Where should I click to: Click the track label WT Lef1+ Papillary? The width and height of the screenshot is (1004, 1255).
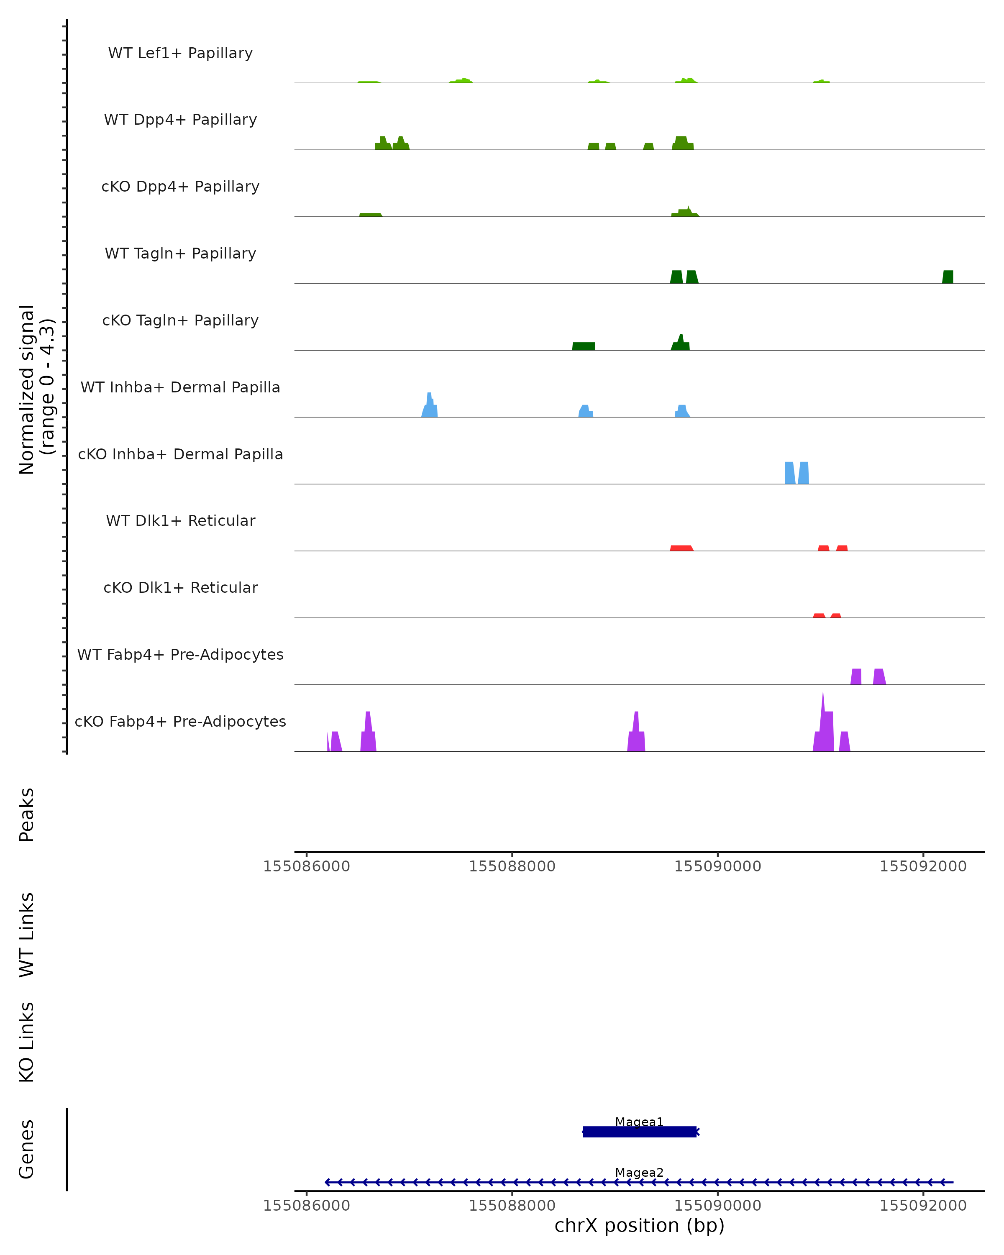coord(180,53)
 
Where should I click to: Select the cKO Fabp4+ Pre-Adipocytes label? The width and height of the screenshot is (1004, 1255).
coord(180,721)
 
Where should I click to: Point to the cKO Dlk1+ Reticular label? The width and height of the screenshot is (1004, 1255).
coord(180,587)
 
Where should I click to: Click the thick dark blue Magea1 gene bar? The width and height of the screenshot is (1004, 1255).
coord(639,1132)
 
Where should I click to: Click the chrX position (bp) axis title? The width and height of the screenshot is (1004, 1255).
coord(639,1225)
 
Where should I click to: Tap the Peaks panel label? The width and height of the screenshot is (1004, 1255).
coord(27,814)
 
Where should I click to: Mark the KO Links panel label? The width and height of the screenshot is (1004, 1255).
coord(27,1042)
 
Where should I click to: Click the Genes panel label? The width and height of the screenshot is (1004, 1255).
coord(27,1148)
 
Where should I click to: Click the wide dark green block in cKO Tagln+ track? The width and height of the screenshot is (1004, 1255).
coord(583,346)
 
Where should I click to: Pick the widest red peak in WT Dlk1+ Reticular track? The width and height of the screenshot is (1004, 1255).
coord(681,548)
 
